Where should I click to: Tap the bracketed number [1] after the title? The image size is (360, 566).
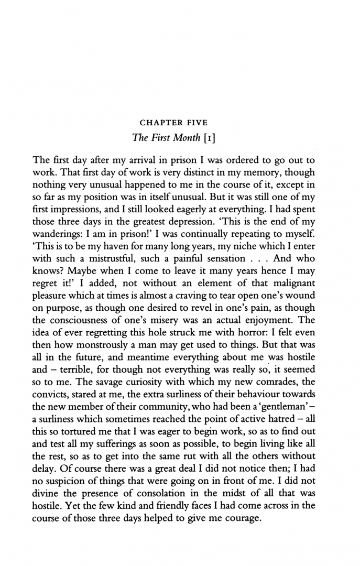pyautogui.click(x=220, y=138)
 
